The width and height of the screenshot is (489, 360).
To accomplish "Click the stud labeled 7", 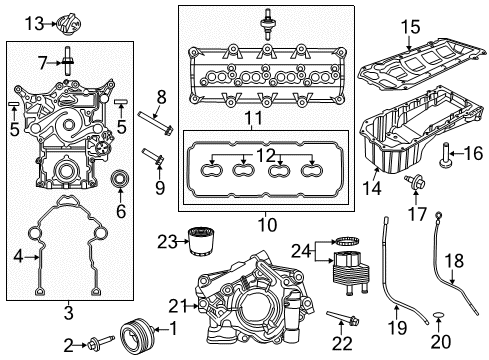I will (x=68, y=62).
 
